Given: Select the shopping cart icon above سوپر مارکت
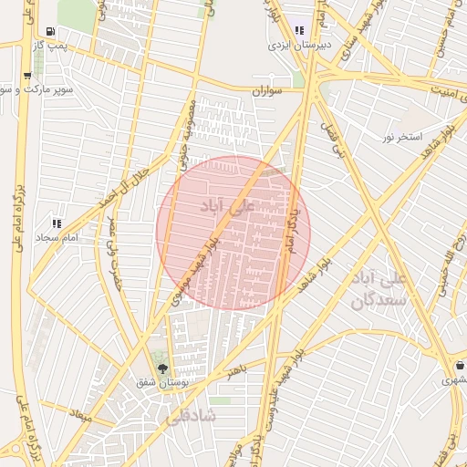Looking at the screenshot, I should (26, 76).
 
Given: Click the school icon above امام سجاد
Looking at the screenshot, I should (57, 223).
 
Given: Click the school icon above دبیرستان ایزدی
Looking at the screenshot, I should (299, 29).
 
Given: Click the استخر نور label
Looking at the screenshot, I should (401, 137).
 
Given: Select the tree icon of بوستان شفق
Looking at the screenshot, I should (162, 368).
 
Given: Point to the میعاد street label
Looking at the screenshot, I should (82, 415).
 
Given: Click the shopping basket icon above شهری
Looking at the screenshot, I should (458, 365).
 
